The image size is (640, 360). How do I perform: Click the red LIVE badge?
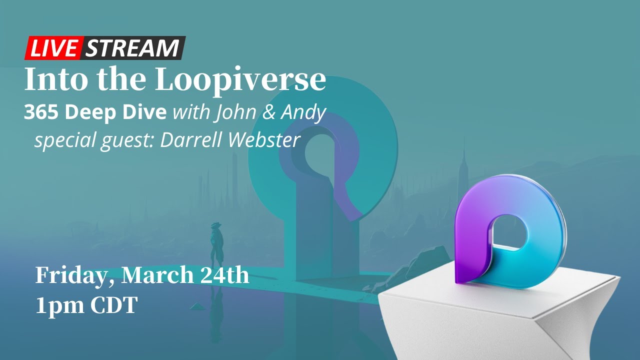tap(53, 48)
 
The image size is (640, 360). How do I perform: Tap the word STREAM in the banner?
tap(132, 48)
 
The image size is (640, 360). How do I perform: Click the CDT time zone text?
tap(113, 305)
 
